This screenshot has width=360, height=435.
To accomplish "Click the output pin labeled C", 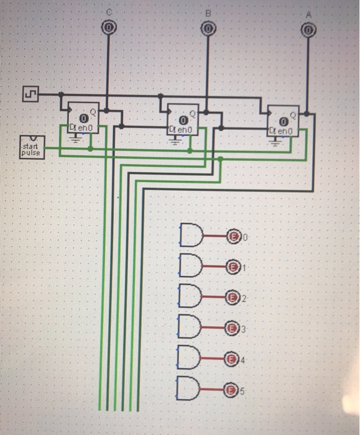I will (109, 28).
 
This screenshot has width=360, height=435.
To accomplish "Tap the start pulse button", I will (32, 147).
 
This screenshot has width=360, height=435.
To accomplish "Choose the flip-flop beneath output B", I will (183, 120).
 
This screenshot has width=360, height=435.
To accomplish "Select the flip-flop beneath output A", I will (284, 122).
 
